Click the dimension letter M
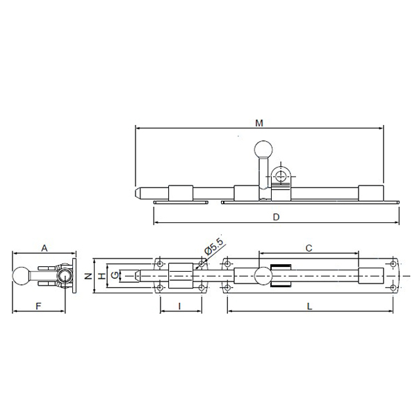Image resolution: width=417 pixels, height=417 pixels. pyautogui.click(x=259, y=123)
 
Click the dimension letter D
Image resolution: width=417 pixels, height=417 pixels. pyautogui.click(x=277, y=217)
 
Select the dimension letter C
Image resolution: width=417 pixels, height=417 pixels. pyautogui.click(x=309, y=248)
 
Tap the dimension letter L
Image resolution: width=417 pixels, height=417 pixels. pyautogui.click(x=309, y=306)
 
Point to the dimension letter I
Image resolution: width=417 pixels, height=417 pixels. pyautogui.click(x=180, y=306)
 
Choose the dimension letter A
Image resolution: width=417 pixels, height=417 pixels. pyautogui.click(x=44, y=248)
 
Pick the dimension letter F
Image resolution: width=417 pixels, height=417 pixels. pyautogui.click(x=38, y=306)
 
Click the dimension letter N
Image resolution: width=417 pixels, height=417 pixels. pyautogui.click(x=88, y=276)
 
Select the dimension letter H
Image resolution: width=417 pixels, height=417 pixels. pyautogui.click(x=102, y=277)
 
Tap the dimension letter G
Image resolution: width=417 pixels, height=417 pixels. pyautogui.click(x=115, y=275)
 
